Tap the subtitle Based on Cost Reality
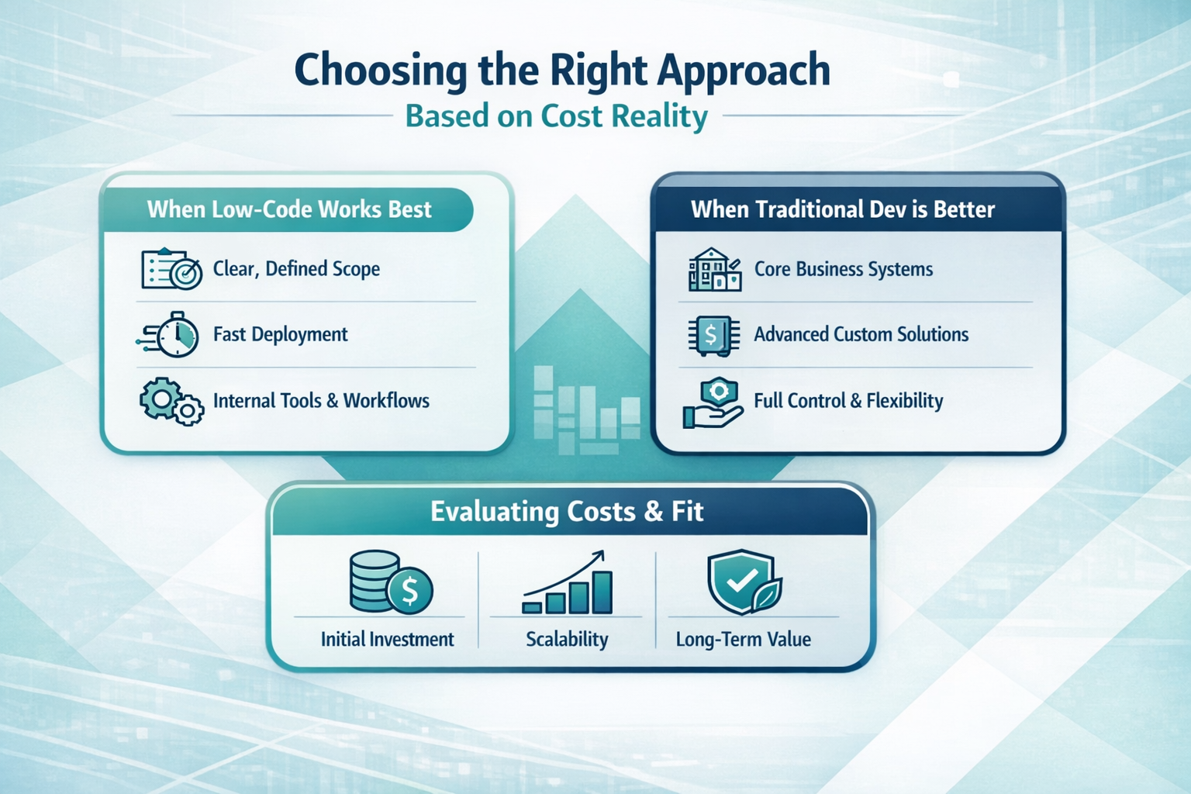556,116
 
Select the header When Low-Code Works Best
288,209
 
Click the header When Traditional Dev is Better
843,209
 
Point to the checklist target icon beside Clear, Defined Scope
171,269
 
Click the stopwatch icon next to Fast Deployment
169,334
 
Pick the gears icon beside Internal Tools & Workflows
171,401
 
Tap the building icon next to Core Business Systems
715,269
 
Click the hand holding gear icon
713,403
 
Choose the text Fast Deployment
280,334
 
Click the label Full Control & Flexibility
848,400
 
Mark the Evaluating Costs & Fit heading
567,512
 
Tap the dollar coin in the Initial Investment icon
410,590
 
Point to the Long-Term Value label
744,639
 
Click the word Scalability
567,639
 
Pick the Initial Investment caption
387,639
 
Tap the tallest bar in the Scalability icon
602,592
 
